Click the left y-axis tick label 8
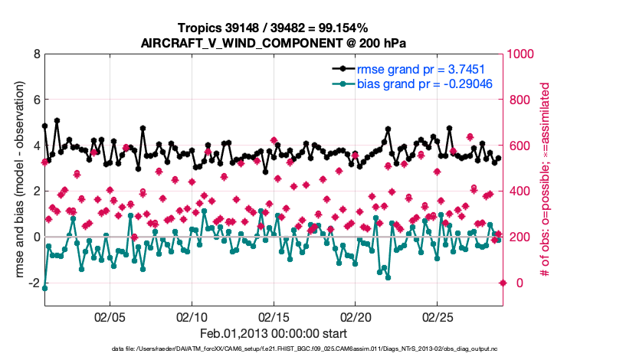[x=36, y=54]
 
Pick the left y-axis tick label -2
[x=34, y=283]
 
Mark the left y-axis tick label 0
[x=36, y=237]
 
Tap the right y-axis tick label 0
[x=513, y=283]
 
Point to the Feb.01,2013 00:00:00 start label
[x=274, y=334]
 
